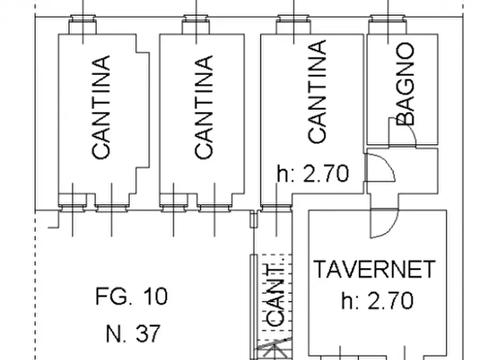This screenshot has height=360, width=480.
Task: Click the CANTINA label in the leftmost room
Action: [102, 107]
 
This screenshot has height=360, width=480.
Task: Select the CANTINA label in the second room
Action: [204, 107]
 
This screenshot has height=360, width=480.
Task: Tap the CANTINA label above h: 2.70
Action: [318, 92]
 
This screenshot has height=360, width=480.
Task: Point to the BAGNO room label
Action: [406, 84]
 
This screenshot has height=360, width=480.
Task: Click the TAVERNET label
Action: [375, 269]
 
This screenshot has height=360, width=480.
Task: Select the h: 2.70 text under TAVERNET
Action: [377, 300]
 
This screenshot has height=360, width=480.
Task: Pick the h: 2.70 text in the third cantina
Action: [313, 174]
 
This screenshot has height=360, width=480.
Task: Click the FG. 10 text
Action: [132, 296]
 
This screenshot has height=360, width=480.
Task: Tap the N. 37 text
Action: [133, 334]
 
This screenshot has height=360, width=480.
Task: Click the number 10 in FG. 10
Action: [155, 296]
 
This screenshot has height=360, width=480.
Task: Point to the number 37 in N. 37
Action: [147, 334]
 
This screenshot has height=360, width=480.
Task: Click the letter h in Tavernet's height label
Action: [347, 300]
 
